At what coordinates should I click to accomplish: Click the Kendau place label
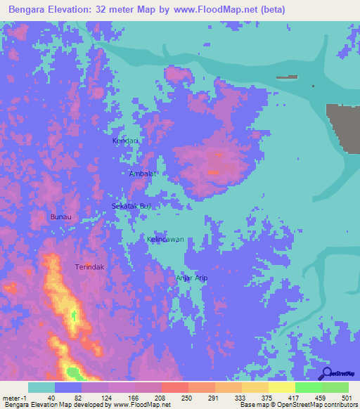(124, 141)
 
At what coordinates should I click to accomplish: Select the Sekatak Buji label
(132, 206)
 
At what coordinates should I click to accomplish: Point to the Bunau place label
(61, 217)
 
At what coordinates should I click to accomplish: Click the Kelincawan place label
(166, 240)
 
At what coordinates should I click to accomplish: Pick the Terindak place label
(89, 268)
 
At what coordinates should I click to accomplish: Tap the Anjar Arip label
(191, 278)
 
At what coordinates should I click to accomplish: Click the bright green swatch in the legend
(308, 387)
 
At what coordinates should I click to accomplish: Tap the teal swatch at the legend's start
(41, 387)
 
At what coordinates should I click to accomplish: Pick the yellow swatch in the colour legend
(281, 387)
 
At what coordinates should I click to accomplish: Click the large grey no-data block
(345, 126)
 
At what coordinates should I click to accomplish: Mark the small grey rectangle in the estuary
(287, 77)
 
